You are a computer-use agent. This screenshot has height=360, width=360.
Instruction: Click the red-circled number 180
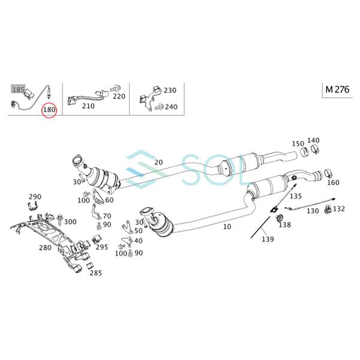coord(49,110)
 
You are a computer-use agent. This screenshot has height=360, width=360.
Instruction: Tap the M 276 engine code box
coord(338,89)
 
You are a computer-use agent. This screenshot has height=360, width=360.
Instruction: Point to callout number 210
coord(88,106)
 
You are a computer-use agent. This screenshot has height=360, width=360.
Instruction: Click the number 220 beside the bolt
coord(119,95)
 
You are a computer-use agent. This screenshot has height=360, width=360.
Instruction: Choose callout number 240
coord(170,107)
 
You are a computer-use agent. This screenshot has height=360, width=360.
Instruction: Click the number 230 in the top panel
coord(170,90)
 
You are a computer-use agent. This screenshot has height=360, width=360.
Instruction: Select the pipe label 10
coord(227,227)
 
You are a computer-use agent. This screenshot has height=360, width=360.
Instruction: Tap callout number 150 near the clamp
coord(298,143)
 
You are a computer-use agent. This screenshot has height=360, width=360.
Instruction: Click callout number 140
coord(313,140)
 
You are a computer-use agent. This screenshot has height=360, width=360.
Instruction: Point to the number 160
coord(333,182)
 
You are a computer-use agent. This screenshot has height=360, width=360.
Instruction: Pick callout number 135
coord(296,196)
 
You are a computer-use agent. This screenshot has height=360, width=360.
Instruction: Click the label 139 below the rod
coord(267,239)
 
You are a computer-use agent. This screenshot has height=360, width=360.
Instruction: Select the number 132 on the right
coord(339,209)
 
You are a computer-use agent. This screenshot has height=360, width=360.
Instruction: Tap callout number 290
coord(35,196)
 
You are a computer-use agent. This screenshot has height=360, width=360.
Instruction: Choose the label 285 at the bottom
coord(95,272)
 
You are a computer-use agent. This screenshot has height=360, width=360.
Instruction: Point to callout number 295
coord(101,247)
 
